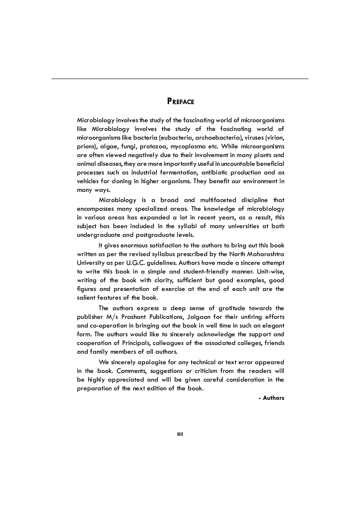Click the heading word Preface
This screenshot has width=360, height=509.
(x=180, y=101)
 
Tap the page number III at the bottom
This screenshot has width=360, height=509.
(x=180, y=434)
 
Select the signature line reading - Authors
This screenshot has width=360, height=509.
(x=271, y=398)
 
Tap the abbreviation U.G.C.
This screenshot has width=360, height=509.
(x=136, y=263)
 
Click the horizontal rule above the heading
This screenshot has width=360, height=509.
(x=180, y=79)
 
